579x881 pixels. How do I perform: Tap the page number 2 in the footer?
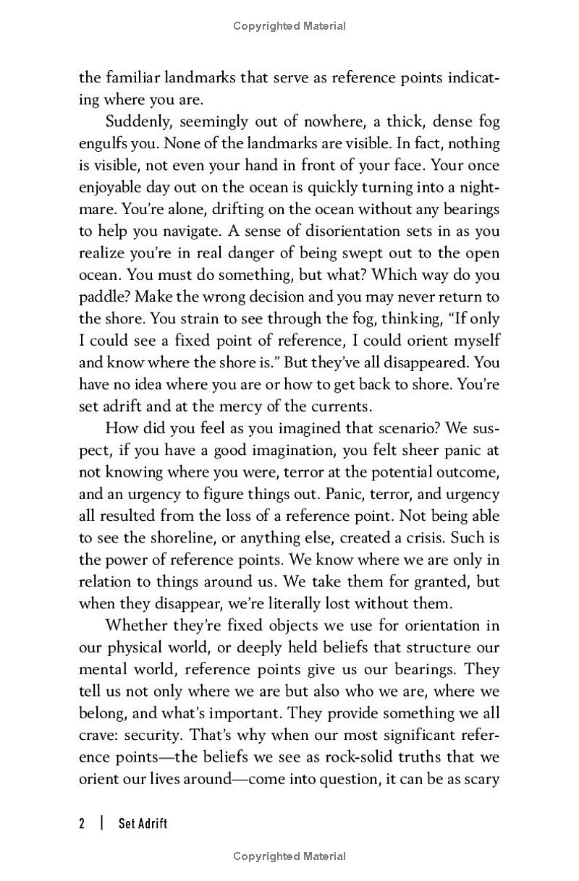coord(82,823)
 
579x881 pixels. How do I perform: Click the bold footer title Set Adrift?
coord(143,823)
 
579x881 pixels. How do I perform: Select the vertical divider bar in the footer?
coord(102,823)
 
